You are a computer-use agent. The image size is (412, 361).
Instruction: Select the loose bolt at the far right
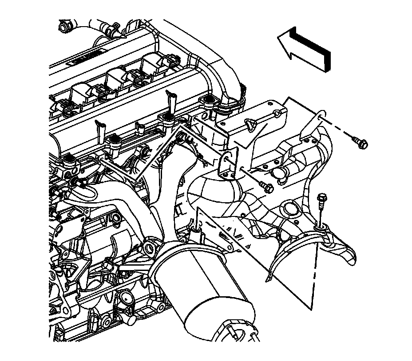pos(360,142)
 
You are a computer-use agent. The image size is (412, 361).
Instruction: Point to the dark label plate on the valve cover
pos(87,60)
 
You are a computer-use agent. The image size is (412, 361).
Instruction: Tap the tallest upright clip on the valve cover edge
pos(170,100)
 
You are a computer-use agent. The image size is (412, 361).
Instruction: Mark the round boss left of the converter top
pos(151,246)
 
